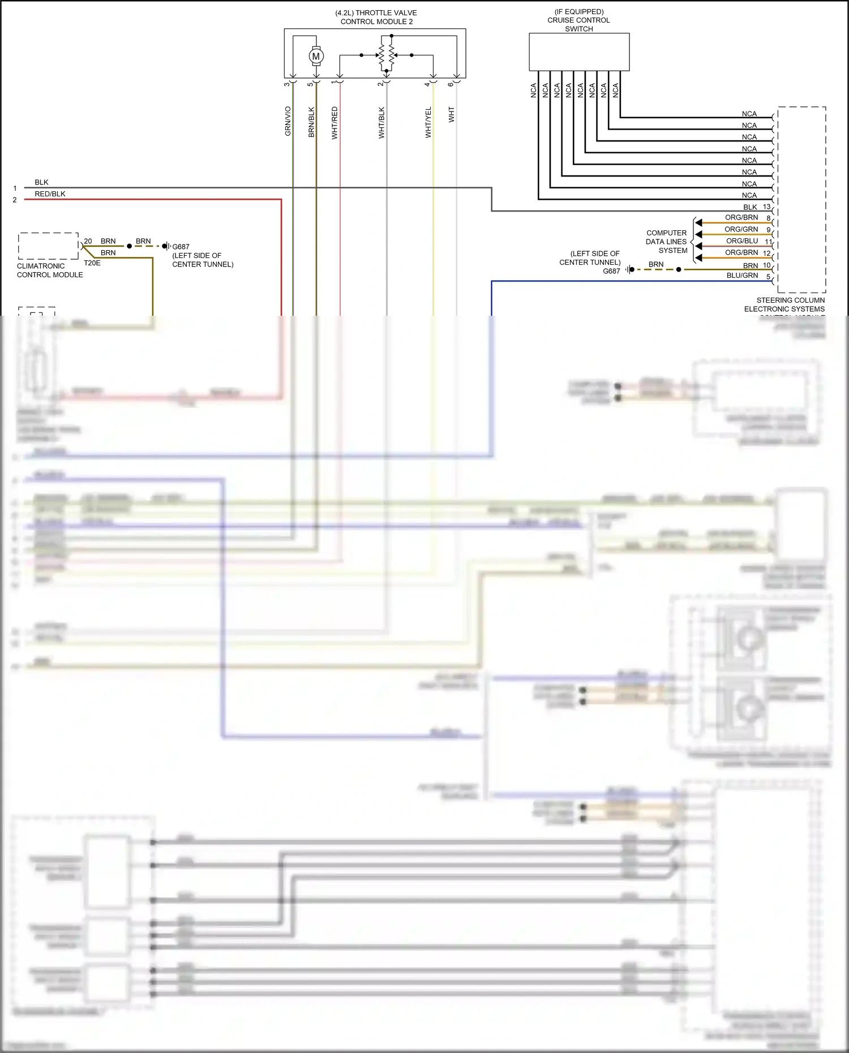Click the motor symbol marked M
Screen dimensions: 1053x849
(x=316, y=56)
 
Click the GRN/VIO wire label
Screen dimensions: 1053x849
(x=288, y=121)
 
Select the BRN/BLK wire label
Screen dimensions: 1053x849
(x=311, y=122)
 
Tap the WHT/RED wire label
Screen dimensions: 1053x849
(x=335, y=123)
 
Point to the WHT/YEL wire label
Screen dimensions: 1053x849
(x=428, y=122)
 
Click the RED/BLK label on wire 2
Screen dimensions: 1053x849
(x=50, y=194)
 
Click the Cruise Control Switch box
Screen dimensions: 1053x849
(x=578, y=51)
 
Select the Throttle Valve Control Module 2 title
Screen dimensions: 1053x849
(x=376, y=17)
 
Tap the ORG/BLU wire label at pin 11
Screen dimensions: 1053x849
(x=741, y=241)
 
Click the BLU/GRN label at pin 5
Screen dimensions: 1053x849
(x=741, y=276)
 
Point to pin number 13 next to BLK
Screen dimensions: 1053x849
(x=766, y=207)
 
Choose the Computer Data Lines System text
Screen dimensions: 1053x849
(x=666, y=242)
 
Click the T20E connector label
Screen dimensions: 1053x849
(x=92, y=263)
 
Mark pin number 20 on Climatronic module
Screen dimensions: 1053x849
(x=88, y=241)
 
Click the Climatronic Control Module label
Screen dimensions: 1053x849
(x=50, y=270)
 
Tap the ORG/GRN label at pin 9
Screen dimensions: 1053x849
(x=741, y=229)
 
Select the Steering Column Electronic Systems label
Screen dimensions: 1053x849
(x=784, y=304)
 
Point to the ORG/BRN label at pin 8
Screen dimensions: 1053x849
(x=741, y=217)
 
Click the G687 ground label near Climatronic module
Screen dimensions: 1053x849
(x=181, y=247)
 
